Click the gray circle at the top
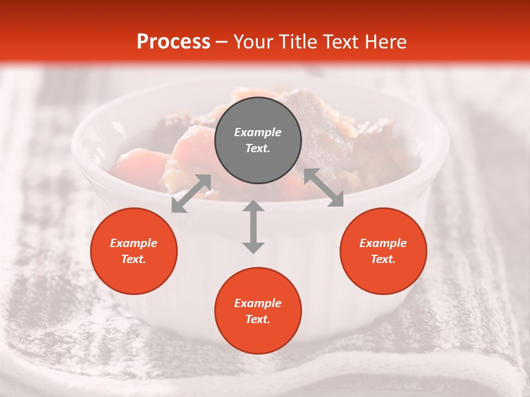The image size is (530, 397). coord(258,141)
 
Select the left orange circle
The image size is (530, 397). coord(134,251)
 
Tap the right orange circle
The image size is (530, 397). coord(383,251)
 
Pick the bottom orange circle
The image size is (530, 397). coord(258,311)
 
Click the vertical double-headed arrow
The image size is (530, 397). coord(253,227)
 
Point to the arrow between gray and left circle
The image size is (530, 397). coord(191,194)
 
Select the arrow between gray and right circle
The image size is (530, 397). coord(324,188)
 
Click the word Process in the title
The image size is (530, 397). coord(173,42)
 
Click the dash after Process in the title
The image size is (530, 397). coord(221,42)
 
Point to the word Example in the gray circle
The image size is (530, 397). coord(258,132)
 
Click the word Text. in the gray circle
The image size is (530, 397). coord(258,149)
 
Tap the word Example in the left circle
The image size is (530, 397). coord(134,243)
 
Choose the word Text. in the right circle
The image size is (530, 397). coord(383,259)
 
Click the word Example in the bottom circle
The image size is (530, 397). coord(258,303)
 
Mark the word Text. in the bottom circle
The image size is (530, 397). coord(258,319)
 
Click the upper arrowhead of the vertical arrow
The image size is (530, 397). coord(253,206)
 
